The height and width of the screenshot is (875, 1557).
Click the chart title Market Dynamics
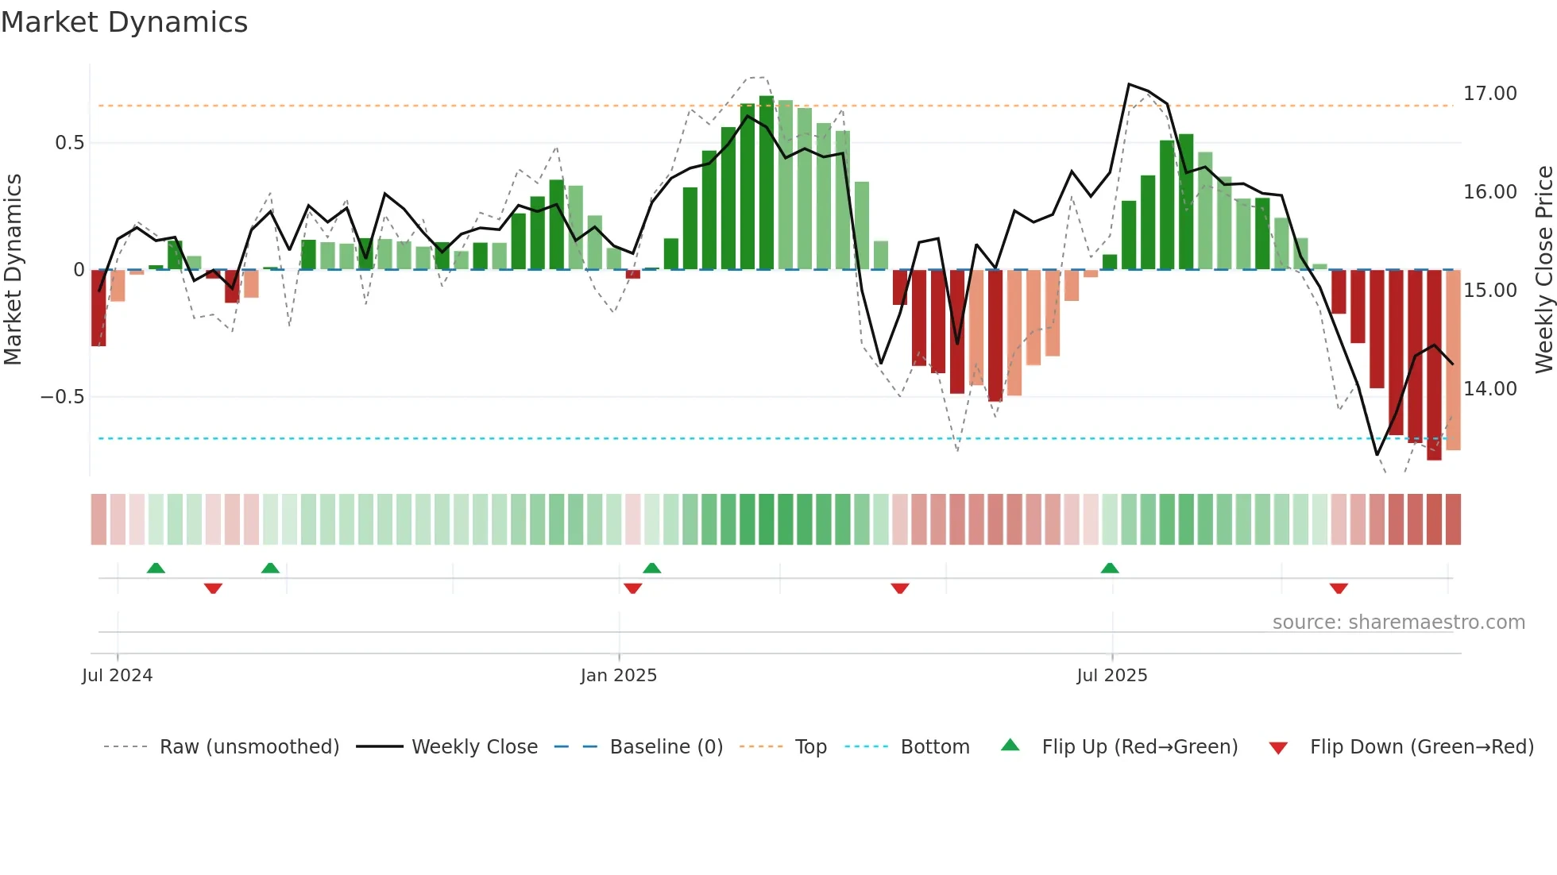[124, 22]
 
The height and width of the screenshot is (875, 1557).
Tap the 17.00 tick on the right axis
[1489, 94]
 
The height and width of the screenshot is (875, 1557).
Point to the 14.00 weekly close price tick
[1489, 389]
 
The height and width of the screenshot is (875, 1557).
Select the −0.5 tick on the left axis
[62, 397]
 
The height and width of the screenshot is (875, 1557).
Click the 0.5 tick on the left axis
[69, 143]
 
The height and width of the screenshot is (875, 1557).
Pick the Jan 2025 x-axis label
[618, 676]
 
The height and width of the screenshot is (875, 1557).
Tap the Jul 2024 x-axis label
[117, 676]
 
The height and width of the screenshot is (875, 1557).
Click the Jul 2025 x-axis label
[1111, 676]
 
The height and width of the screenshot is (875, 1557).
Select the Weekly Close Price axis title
[1543, 270]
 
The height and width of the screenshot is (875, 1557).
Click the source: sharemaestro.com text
[1398, 623]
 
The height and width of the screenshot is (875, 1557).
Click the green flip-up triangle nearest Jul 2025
[1110, 568]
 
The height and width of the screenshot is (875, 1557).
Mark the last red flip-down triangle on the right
[1339, 588]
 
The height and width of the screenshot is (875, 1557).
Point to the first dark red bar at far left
[99, 308]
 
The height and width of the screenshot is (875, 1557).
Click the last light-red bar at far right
[1453, 360]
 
